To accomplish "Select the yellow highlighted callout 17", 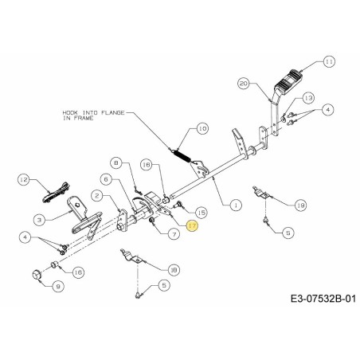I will [191, 227].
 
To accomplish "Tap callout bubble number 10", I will [202, 127].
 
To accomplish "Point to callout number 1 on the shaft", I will [234, 205].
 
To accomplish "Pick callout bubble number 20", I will [243, 81].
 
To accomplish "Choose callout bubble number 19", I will [299, 205].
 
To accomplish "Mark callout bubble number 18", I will [174, 270].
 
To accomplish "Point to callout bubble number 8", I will [118, 162].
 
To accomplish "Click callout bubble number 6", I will [104, 179].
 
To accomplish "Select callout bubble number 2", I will [96, 194].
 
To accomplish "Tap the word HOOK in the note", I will [70, 113].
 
